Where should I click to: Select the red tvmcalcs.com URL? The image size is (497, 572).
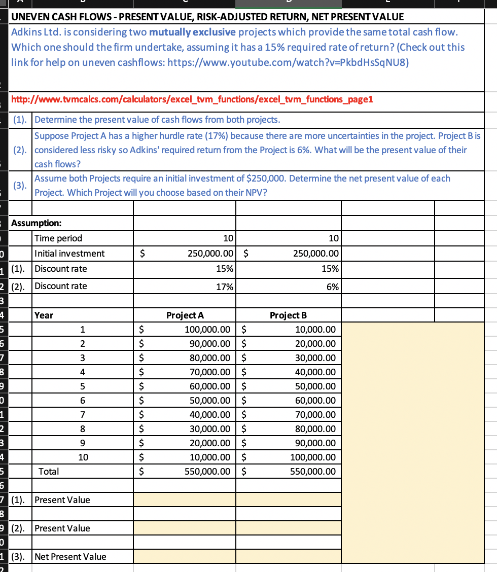(x=192, y=99)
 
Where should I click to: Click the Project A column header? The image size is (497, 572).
(x=185, y=315)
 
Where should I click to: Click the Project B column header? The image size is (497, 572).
(x=288, y=315)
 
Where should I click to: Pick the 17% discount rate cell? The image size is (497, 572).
(x=225, y=286)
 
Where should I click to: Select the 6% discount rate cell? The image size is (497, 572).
(x=332, y=286)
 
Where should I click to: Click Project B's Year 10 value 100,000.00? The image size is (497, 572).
(x=312, y=457)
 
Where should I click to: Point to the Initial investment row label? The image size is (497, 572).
(x=69, y=254)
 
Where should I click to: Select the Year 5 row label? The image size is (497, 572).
(x=83, y=386)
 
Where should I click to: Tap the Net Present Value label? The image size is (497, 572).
(x=70, y=557)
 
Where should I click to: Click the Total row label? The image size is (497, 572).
(x=49, y=471)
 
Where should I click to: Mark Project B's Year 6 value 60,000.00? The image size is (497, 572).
(x=315, y=401)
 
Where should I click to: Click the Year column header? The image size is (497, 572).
(x=44, y=315)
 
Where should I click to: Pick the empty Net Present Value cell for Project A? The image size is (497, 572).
(x=185, y=557)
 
